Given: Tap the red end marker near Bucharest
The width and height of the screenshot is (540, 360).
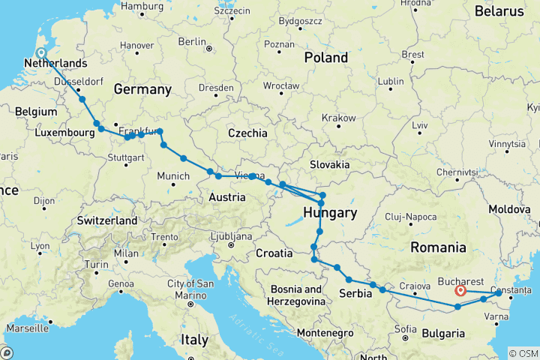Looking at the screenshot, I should click(x=460, y=290).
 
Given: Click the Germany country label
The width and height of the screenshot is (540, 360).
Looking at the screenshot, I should click(x=142, y=90).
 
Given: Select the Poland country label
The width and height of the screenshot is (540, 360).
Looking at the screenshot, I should click(x=326, y=57).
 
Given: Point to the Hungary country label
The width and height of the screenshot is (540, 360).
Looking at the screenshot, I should click(x=329, y=214).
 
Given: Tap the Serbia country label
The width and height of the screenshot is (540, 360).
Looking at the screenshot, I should click(x=356, y=293).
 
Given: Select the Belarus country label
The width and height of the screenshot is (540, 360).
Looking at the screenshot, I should click(x=499, y=11).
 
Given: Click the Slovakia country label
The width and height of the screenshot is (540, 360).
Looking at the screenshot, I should click(x=330, y=163).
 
